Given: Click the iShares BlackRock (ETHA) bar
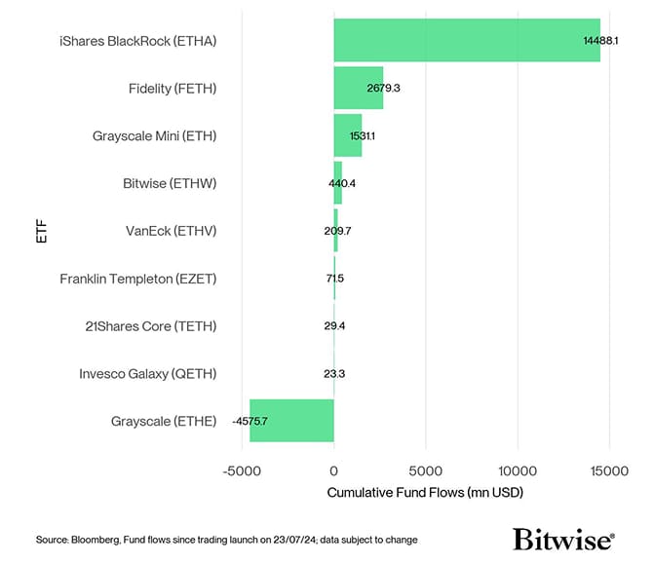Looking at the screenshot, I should (x=466, y=41).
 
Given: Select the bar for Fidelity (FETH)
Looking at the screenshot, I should (x=358, y=88).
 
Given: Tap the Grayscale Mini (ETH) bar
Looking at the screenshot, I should (x=347, y=135).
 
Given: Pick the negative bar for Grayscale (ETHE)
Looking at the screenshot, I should (x=291, y=421).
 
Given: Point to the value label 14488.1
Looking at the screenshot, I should (x=598, y=41).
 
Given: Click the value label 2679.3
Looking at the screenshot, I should (x=379, y=89).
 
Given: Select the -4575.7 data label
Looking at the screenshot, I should (x=250, y=421).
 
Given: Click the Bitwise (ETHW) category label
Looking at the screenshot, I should (x=170, y=183).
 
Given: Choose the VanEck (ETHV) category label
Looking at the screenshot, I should (x=171, y=231).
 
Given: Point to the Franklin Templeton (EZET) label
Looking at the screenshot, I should (x=137, y=279).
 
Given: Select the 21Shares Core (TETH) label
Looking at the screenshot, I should (x=150, y=325).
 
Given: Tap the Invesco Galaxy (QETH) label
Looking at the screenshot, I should (x=147, y=373).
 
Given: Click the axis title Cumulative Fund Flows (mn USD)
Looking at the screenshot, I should (x=425, y=493).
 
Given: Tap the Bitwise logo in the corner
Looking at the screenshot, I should (x=562, y=539).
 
